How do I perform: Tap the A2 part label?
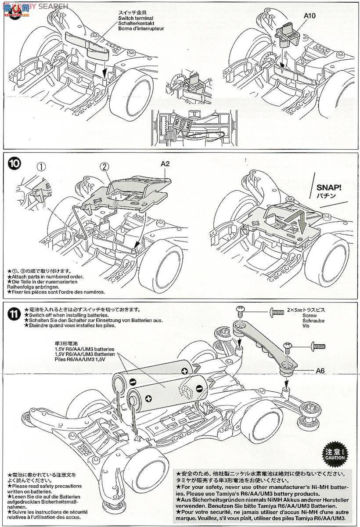tap(165, 163)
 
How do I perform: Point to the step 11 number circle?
tap(14, 314)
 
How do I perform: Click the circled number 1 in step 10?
tap(41, 167)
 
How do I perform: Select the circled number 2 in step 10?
tap(104, 167)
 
